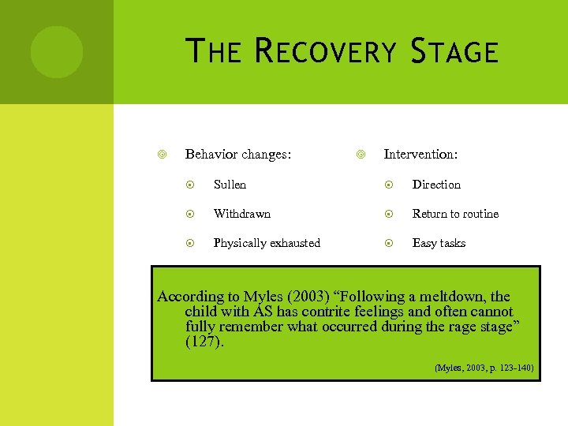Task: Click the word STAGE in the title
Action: coord(454,52)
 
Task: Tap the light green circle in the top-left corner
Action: coord(56,52)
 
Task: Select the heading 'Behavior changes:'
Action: coord(237,155)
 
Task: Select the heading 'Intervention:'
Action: coord(420,155)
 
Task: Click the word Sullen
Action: coord(230,185)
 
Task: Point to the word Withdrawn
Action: coord(241,214)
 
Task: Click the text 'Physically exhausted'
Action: coord(267,243)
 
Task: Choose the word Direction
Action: coord(436,185)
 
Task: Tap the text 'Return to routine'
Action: coord(455,214)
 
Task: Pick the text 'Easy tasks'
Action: coord(439,243)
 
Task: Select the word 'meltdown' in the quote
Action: coord(453,297)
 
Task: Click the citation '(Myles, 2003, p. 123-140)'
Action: coord(484,368)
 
